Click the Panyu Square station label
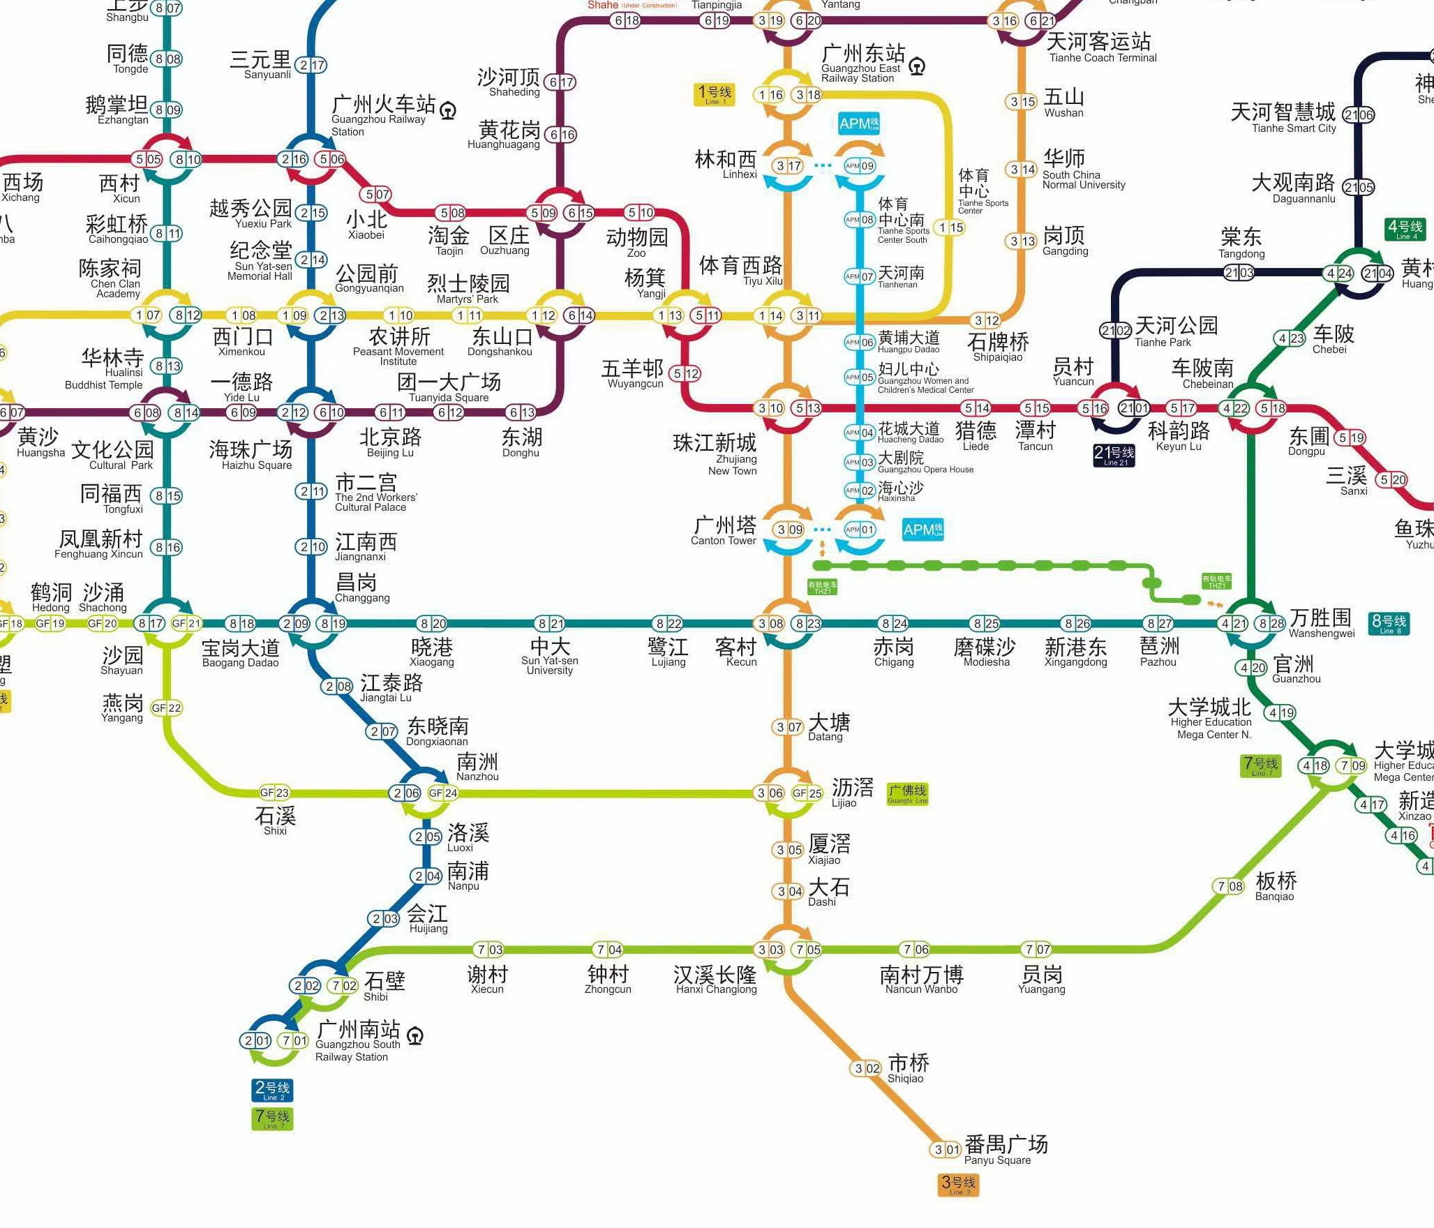pyautogui.click(x=1005, y=1150)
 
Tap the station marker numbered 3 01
pyautogui.click(x=946, y=1149)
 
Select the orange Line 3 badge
pyautogui.click(x=958, y=1184)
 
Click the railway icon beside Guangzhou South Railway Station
pyautogui.click(x=415, y=1036)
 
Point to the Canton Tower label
pyautogui.click(x=724, y=530)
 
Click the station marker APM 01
pyautogui.click(x=860, y=530)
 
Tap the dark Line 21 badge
pyautogui.click(x=1114, y=455)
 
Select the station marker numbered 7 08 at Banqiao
pyautogui.click(x=1230, y=886)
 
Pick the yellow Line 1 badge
pyautogui.click(x=714, y=94)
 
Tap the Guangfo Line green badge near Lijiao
pyautogui.click(x=907, y=793)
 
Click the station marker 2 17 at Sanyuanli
pyautogui.click(x=311, y=65)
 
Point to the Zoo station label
pyautogui.click(x=636, y=242)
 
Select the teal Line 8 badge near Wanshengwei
pyautogui.click(x=1389, y=623)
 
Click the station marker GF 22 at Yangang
pyautogui.click(x=166, y=707)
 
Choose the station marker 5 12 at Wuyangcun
pyautogui.click(x=685, y=373)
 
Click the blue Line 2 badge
pyautogui.click(x=271, y=1089)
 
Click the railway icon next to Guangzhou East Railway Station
pyautogui.click(x=918, y=66)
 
